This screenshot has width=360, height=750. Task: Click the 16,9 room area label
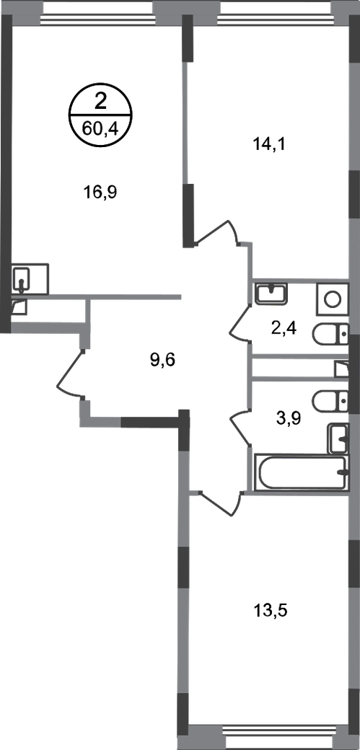pos(100,192)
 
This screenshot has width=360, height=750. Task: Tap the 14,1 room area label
pos(269,144)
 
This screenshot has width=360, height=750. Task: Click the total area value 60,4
pos(100,128)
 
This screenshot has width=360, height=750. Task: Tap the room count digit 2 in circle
pos(100,102)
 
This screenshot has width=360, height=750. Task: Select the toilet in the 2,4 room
pos(330,335)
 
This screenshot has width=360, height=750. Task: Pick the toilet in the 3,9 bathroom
pos(330,399)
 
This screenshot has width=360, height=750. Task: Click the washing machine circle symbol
pos(332,299)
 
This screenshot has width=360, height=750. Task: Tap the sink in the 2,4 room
pos(271,293)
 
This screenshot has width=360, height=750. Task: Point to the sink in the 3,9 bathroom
pos(338,438)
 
